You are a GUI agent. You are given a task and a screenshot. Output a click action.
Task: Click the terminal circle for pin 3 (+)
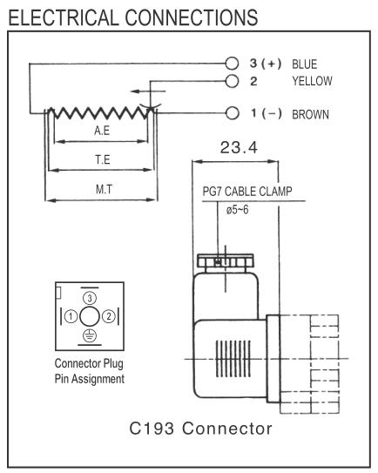[x=232, y=64]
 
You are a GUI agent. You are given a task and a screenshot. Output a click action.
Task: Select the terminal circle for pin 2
[x=232, y=81]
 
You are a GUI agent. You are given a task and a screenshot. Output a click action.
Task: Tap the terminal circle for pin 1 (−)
[x=233, y=113]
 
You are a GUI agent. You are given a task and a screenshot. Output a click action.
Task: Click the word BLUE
[x=304, y=64]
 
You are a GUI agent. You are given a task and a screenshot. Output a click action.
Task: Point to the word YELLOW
[x=312, y=81]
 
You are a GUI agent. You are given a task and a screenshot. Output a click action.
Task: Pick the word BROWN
[x=310, y=115]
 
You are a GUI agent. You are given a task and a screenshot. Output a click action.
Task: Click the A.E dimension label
[x=102, y=131]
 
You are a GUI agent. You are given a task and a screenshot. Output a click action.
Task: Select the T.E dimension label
[x=103, y=159]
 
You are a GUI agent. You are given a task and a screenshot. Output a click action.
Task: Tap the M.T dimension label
[x=104, y=189]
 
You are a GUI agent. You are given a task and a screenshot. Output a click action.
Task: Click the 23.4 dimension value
[x=239, y=147]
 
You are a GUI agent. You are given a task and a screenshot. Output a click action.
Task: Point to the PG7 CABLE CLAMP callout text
[x=247, y=192]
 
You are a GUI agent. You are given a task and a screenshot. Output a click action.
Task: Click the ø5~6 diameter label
[x=238, y=210]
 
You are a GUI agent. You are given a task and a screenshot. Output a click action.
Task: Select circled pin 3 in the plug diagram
[x=90, y=298]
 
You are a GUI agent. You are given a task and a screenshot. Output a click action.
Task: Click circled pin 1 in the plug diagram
[x=71, y=316]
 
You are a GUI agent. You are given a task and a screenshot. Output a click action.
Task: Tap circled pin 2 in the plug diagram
[x=109, y=316]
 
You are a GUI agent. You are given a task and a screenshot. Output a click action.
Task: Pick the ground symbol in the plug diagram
[x=90, y=335]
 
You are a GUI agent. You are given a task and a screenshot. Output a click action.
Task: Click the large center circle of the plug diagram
[x=90, y=316]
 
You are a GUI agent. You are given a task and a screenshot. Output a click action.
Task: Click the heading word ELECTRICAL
[x=64, y=17]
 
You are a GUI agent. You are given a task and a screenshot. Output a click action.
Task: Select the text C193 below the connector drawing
[x=152, y=429]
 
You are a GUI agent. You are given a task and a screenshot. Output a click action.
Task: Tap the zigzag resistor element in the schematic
[x=100, y=112]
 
